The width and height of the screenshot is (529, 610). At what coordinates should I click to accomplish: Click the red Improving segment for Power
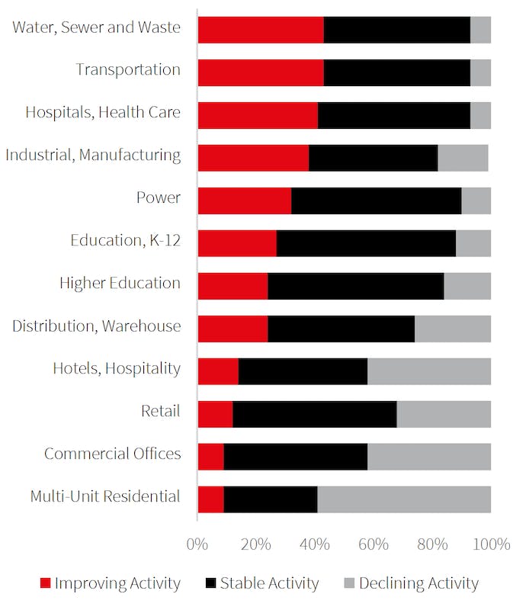click(244, 201)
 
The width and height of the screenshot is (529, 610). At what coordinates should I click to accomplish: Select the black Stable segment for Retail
click(314, 414)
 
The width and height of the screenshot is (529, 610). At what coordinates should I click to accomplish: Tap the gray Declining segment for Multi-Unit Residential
click(404, 499)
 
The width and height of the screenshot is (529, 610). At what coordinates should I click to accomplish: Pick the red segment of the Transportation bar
click(261, 72)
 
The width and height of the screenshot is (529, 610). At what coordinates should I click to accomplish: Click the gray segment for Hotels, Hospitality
click(429, 371)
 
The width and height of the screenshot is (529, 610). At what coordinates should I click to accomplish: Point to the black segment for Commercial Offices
click(296, 457)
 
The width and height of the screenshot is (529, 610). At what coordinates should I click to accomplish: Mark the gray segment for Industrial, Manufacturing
click(463, 158)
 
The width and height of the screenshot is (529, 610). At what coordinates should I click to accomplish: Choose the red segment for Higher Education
click(232, 286)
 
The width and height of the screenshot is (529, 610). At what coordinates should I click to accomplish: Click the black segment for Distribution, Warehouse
click(341, 329)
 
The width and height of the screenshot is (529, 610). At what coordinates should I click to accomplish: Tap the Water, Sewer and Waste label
click(96, 27)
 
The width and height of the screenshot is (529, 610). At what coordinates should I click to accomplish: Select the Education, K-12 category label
click(125, 241)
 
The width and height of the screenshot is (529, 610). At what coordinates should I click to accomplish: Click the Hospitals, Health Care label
click(103, 113)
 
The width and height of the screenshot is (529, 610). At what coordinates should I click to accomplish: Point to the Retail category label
click(160, 412)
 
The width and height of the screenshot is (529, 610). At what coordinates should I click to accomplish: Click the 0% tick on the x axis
click(197, 544)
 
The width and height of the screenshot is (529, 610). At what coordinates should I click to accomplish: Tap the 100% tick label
click(491, 544)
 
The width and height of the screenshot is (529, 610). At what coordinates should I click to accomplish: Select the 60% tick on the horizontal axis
click(373, 544)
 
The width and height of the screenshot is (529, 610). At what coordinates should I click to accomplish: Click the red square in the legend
click(45, 584)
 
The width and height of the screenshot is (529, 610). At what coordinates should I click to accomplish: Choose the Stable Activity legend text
click(269, 584)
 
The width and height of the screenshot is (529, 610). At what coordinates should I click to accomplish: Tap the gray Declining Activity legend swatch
click(349, 584)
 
